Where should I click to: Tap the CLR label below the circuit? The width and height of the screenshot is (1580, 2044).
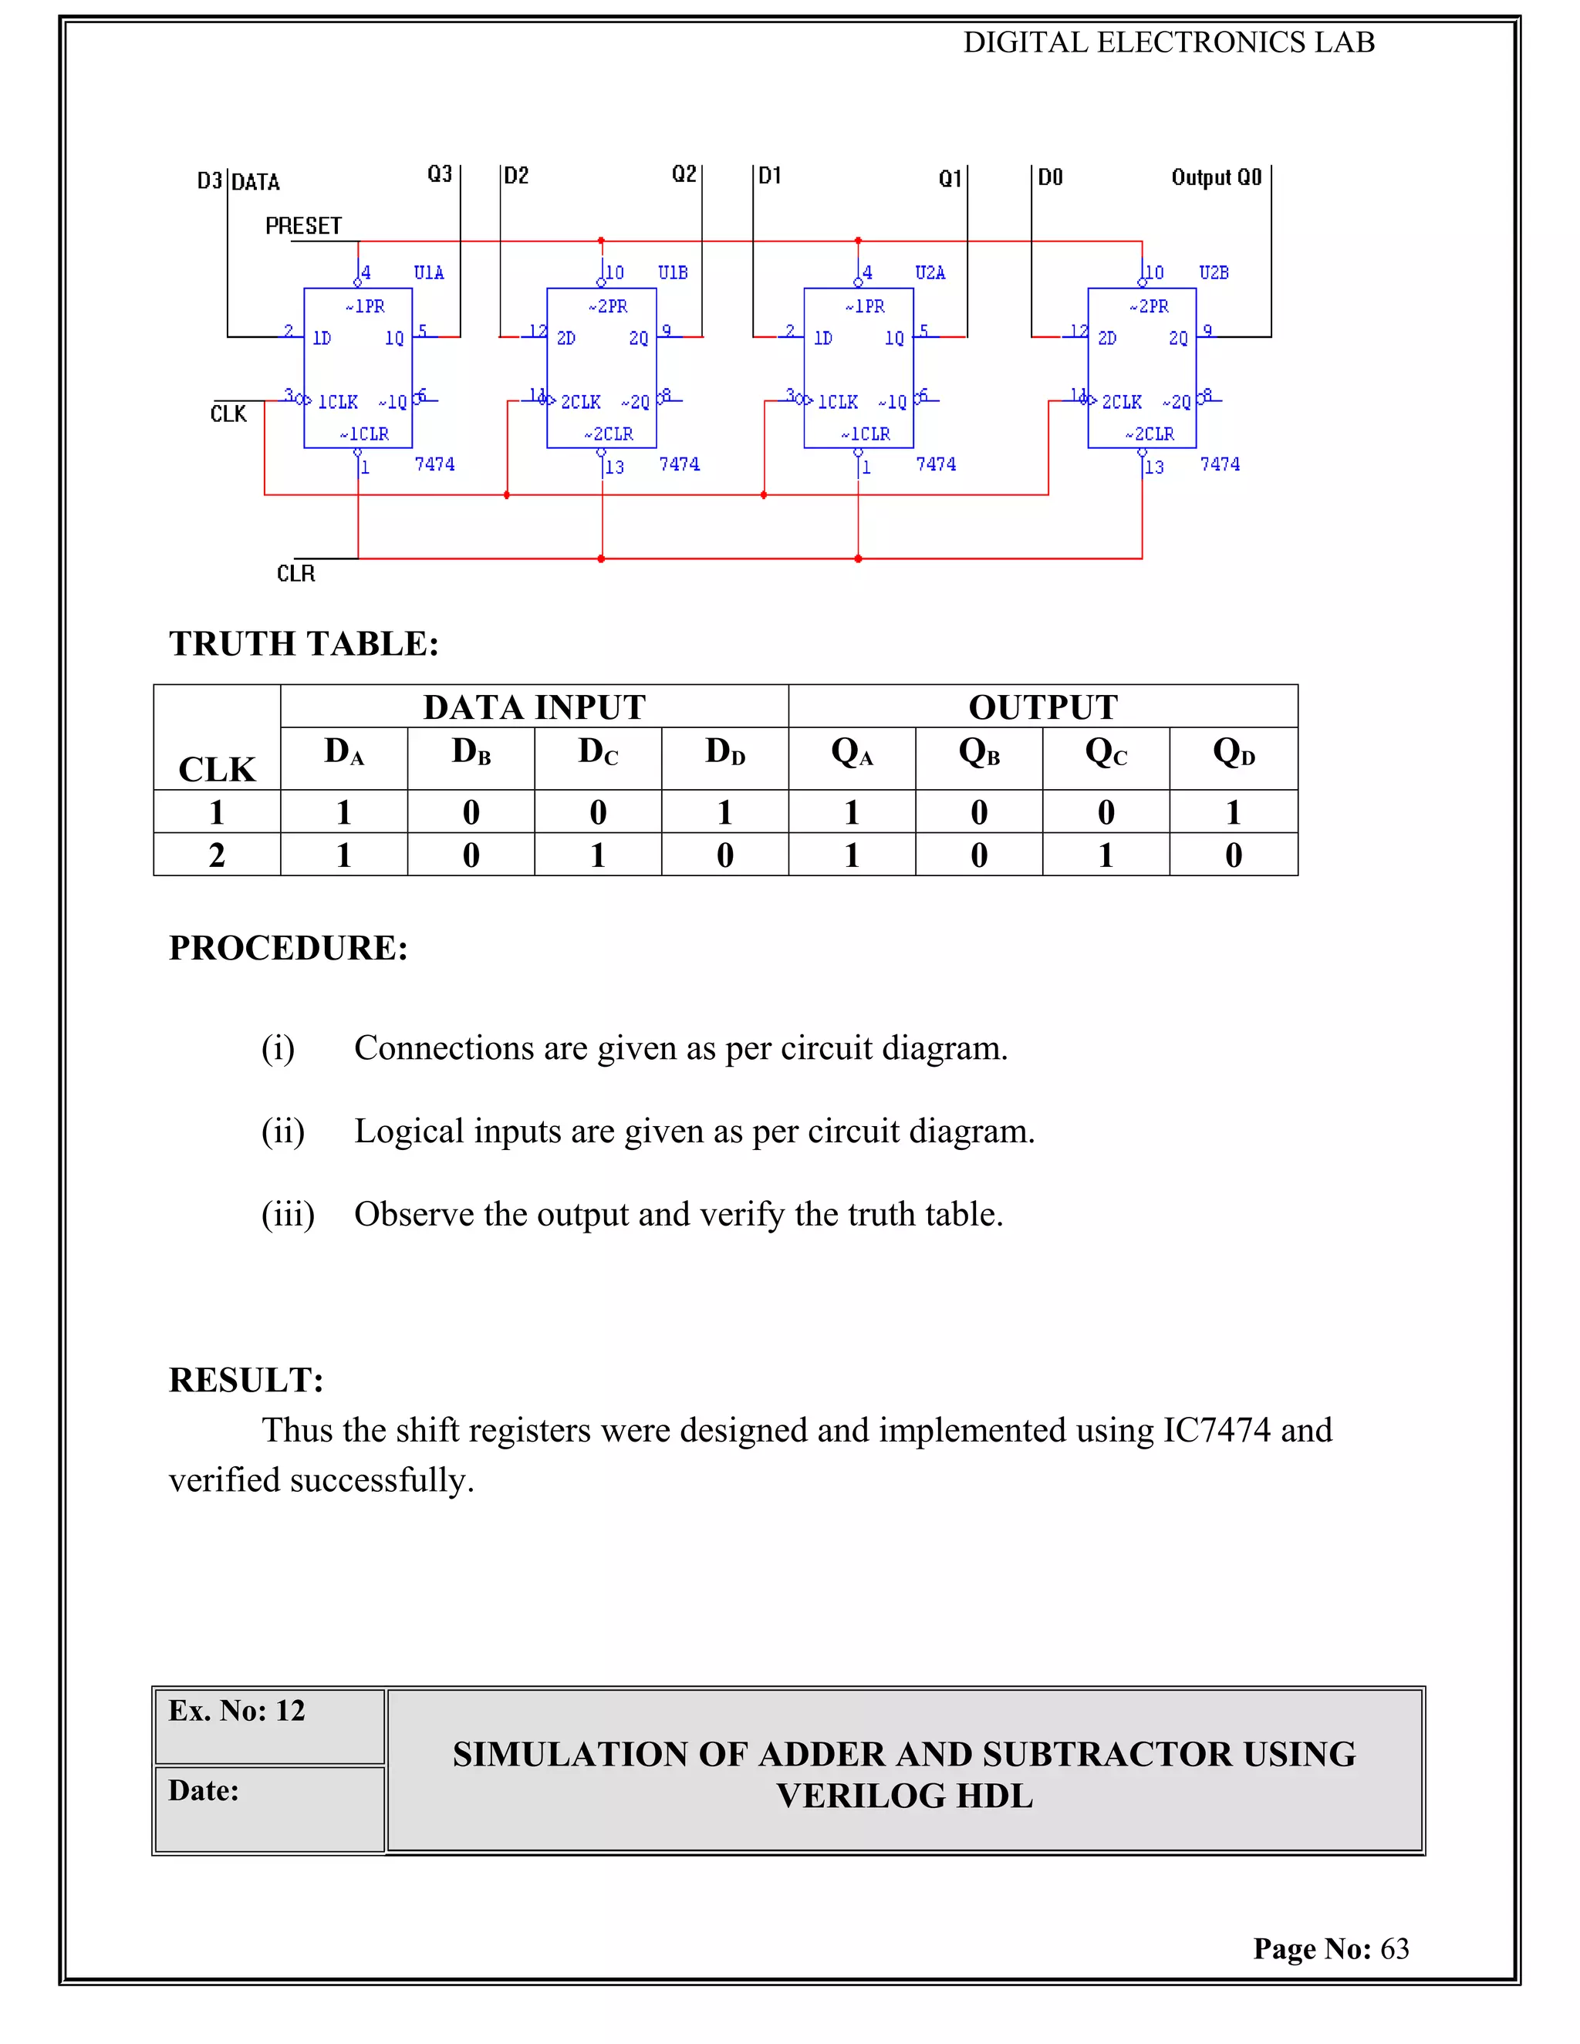(x=295, y=574)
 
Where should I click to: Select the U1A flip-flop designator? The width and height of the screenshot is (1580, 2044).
(x=429, y=272)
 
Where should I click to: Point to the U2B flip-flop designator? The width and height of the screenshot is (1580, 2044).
(x=1214, y=272)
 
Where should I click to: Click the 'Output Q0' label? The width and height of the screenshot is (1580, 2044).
(x=1216, y=178)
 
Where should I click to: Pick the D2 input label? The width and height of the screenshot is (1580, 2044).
(x=517, y=176)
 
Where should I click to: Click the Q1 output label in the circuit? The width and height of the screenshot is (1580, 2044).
(x=950, y=179)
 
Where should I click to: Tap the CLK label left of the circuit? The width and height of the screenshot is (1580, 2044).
(x=228, y=413)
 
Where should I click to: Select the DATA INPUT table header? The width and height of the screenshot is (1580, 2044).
(x=534, y=707)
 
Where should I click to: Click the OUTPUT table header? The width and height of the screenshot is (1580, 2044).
(x=1043, y=707)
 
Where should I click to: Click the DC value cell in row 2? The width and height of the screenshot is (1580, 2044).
(x=598, y=855)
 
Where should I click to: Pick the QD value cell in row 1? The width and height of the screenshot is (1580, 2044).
(x=1233, y=812)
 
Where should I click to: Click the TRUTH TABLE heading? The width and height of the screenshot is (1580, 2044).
(x=303, y=644)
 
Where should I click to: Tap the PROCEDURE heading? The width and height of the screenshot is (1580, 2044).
(x=289, y=948)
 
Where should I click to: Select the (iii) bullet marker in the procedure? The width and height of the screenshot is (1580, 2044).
(x=287, y=1214)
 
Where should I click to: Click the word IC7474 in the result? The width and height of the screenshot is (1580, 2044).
(x=1216, y=1430)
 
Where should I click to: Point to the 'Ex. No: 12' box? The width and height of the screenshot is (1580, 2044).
(x=268, y=1725)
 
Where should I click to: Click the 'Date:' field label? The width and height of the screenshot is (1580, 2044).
(x=204, y=1790)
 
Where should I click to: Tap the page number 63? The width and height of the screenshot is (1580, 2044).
(x=1395, y=1948)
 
